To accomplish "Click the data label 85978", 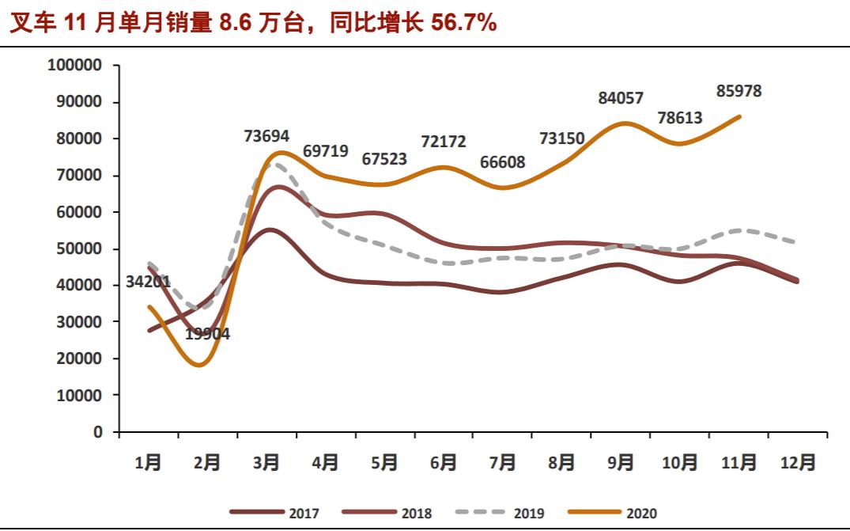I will tap(739, 91).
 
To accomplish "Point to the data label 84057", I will tap(621, 98).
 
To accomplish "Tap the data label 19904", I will tap(207, 334).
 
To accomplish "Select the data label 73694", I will tap(266, 136).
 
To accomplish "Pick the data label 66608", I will tap(502, 163).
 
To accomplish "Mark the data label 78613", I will tap(680, 118).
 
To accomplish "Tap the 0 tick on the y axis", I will tap(97, 432).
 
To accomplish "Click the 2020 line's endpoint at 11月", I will tap(740, 116).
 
